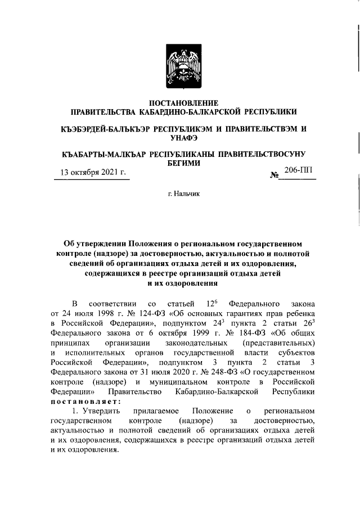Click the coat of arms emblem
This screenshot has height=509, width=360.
click(183, 67)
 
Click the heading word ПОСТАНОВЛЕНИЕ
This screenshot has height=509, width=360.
click(183, 102)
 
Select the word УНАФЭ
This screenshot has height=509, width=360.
click(183, 137)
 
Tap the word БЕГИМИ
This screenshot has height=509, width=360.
click(183, 162)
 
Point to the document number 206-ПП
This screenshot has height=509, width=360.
click(299, 170)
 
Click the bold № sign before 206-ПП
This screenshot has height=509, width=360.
click(275, 175)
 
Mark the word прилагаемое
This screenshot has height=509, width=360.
click(155, 411)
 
